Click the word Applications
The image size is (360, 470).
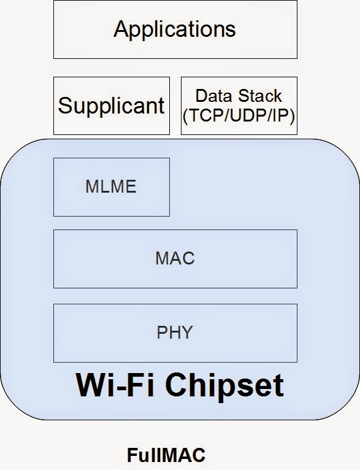click(175, 29)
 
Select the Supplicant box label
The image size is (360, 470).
click(111, 106)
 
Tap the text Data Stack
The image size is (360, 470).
click(239, 96)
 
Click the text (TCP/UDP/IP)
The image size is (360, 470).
click(239, 115)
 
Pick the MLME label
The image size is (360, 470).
click(111, 187)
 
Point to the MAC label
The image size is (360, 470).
click(175, 258)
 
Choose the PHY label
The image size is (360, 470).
click(175, 332)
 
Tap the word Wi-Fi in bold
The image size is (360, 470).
click(108, 385)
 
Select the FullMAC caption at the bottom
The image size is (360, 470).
click(166, 455)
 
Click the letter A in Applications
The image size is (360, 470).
click(121, 29)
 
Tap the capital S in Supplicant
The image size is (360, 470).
click(64, 106)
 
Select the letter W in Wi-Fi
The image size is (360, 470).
click(88, 385)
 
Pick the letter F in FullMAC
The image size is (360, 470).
click(131, 455)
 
